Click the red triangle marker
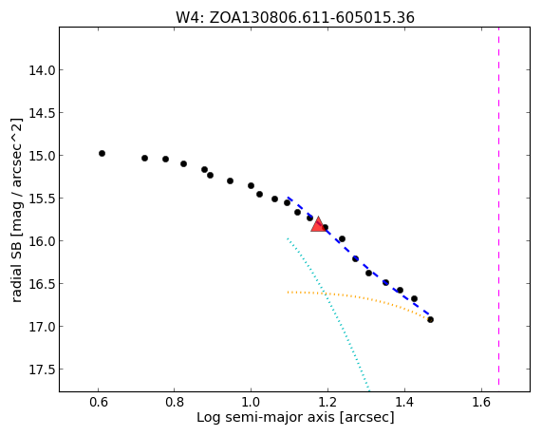tap(318, 224)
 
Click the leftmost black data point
tap(102, 153)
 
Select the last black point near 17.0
tap(430, 319)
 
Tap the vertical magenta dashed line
tap(498, 206)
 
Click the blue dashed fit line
tap(358, 256)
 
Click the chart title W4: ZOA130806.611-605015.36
tap(295, 17)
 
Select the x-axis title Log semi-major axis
tap(295, 417)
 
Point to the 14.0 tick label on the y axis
tap(42, 70)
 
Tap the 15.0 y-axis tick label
tap(42, 156)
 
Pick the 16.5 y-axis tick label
tap(42, 284)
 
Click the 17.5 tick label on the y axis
tap(42, 370)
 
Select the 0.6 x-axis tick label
tap(99, 402)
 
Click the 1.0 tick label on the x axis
tap(251, 402)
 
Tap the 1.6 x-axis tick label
tap(481, 402)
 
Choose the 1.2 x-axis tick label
tap(327, 402)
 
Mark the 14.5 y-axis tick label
tap(42, 113)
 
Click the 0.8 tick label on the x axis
tap(175, 402)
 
